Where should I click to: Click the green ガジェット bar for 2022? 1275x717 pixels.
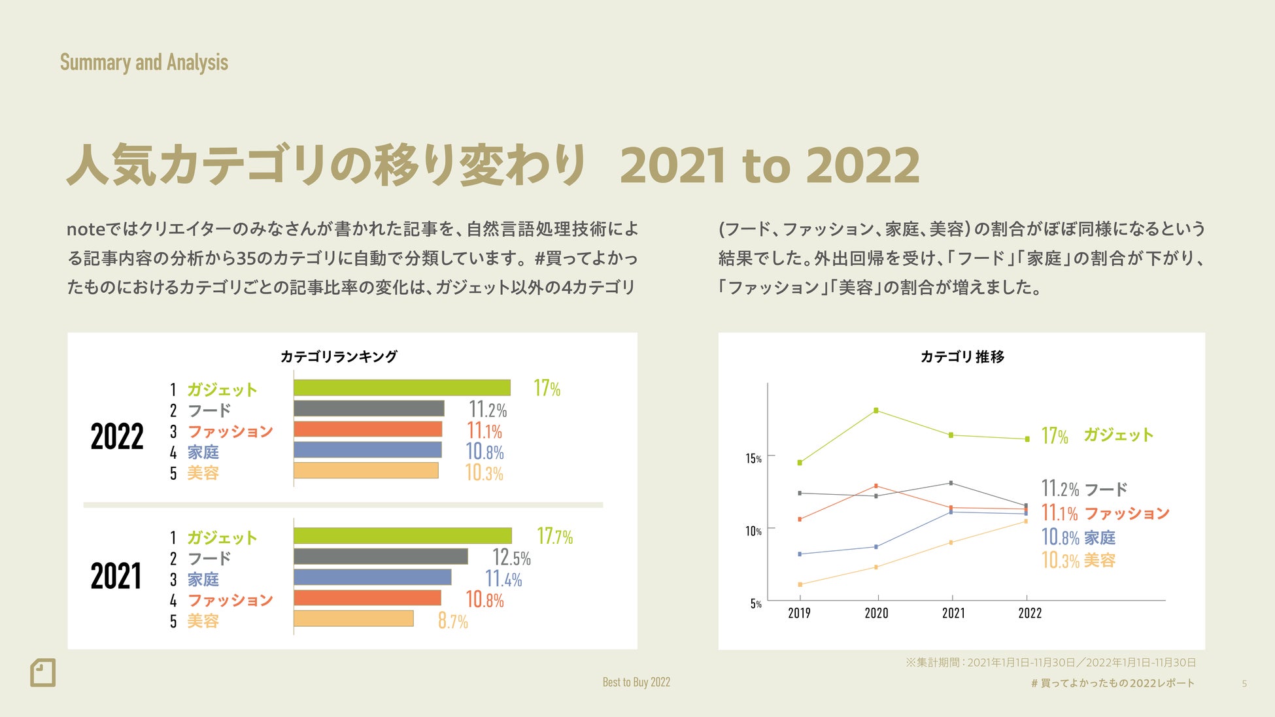tap(401, 388)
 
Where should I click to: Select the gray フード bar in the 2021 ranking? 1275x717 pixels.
tap(381, 556)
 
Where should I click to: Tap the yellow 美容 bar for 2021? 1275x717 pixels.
tap(353, 618)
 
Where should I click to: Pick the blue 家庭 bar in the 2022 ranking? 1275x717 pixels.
tap(367, 450)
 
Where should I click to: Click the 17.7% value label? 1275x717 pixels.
tap(554, 537)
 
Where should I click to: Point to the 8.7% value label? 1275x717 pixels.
tap(452, 620)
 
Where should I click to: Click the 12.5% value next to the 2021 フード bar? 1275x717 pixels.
tap(511, 558)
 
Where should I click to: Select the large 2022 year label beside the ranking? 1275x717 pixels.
tap(117, 437)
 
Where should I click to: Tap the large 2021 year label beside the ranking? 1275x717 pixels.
tap(116, 576)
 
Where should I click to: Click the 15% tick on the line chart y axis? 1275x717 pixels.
tap(753, 458)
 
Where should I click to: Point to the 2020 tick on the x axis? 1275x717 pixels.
tap(876, 613)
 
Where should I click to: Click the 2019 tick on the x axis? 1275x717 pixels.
tap(799, 613)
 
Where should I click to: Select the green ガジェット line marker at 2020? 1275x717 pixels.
tap(876, 410)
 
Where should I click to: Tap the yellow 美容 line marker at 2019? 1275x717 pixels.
tap(800, 584)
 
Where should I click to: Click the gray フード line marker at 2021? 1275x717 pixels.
tap(951, 483)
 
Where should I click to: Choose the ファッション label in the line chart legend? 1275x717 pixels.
tap(1127, 514)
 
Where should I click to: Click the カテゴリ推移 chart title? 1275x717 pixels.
tap(962, 357)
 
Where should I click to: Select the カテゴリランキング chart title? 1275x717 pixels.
tap(339, 357)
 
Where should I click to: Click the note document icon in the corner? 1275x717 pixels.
tap(43, 673)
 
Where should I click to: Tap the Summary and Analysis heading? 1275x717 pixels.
tap(144, 63)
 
